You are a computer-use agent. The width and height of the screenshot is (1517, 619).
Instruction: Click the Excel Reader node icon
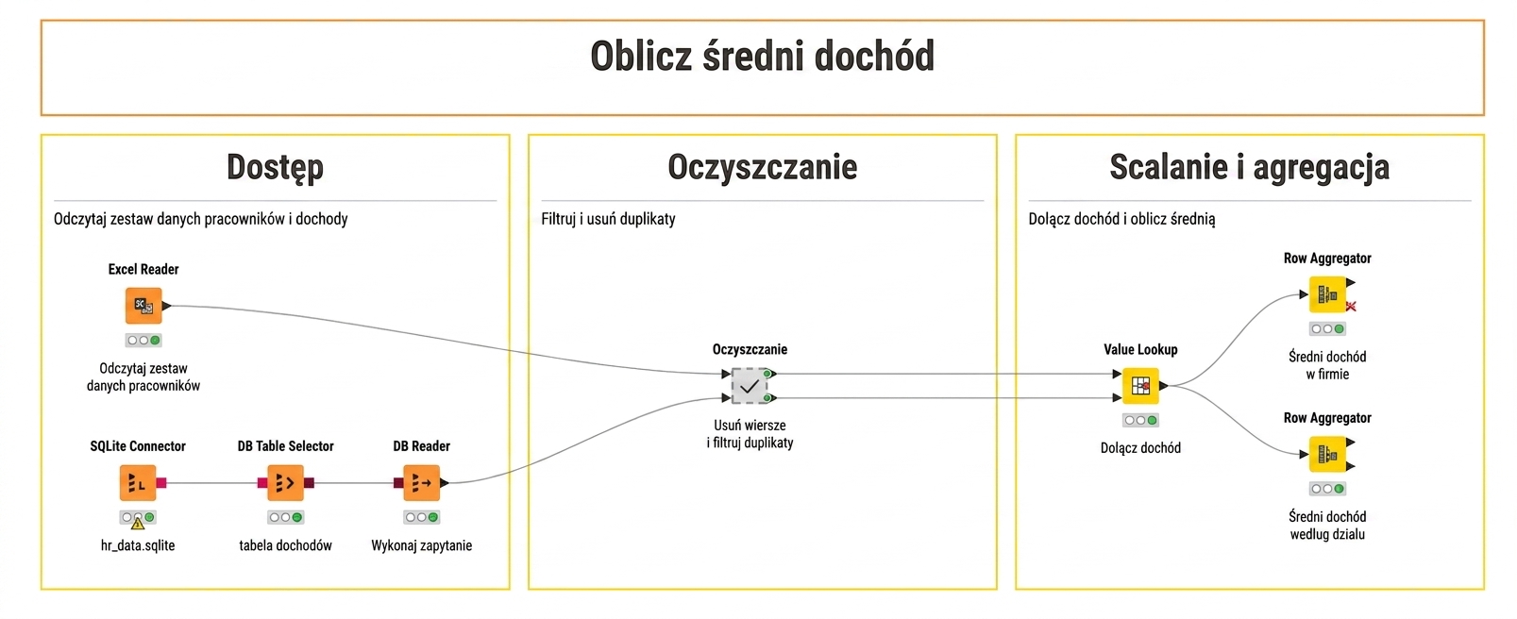[x=143, y=306]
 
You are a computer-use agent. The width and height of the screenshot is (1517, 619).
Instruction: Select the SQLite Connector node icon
[x=138, y=483]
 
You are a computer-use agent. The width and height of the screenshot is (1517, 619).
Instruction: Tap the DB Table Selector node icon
[x=285, y=483]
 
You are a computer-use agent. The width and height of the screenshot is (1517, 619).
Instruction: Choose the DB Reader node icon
[x=421, y=483]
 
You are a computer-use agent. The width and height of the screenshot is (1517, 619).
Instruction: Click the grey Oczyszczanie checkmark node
[x=749, y=386]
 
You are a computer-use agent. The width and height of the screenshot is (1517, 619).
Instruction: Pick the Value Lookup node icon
[x=1140, y=386]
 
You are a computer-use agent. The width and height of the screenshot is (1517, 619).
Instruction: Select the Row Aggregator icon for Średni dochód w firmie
[x=1327, y=294]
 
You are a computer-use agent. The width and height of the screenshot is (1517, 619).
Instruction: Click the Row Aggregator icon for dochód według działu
[x=1327, y=454]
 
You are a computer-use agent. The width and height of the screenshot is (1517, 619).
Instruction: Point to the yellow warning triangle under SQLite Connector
[x=138, y=524]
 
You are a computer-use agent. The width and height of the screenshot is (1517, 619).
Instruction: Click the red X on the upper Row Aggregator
[x=1351, y=306]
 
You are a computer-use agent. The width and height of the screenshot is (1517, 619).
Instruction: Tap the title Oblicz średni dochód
[x=763, y=56]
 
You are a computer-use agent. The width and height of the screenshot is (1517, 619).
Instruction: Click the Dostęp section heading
[x=275, y=167]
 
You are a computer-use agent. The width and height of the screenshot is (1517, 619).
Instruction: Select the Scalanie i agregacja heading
[x=1250, y=167]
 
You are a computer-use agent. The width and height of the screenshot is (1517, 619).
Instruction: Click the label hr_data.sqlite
[x=138, y=545]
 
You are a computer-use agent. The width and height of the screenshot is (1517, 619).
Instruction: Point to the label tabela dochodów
[x=285, y=545]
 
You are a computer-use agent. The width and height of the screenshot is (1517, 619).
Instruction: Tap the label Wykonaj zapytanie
[x=421, y=545]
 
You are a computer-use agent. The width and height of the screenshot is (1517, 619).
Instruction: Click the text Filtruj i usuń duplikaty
[x=608, y=219]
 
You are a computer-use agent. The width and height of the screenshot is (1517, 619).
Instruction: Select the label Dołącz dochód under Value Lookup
[x=1140, y=447]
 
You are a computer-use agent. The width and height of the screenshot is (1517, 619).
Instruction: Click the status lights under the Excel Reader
[x=143, y=340]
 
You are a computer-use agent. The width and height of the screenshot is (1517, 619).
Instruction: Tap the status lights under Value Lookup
[x=1140, y=421]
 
